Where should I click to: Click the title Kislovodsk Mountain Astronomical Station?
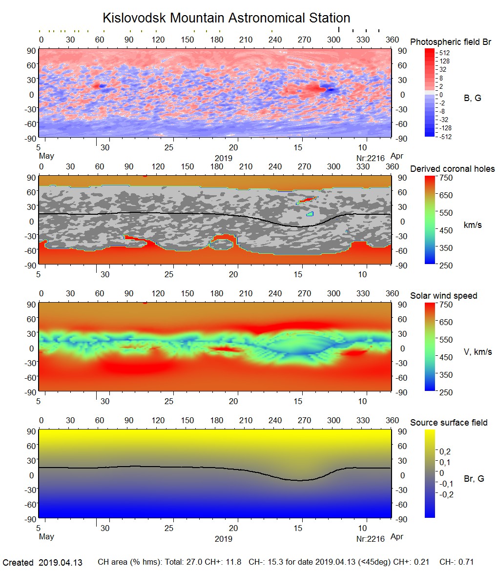coord(226,19)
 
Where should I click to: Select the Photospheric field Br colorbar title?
coord(450,42)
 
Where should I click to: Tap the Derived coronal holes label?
coord(452,169)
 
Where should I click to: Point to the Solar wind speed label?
coord(443,296)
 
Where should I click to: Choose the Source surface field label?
coord(448,423)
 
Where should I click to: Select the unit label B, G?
coord(472,98)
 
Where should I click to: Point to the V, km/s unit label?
coord(477,352)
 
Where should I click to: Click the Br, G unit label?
coord(474,479)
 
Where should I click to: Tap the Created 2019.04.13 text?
coord(42,563)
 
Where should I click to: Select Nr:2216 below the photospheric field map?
coord(370,158)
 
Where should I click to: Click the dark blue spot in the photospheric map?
coord(332,90)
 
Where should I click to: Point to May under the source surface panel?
coord(46,537)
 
